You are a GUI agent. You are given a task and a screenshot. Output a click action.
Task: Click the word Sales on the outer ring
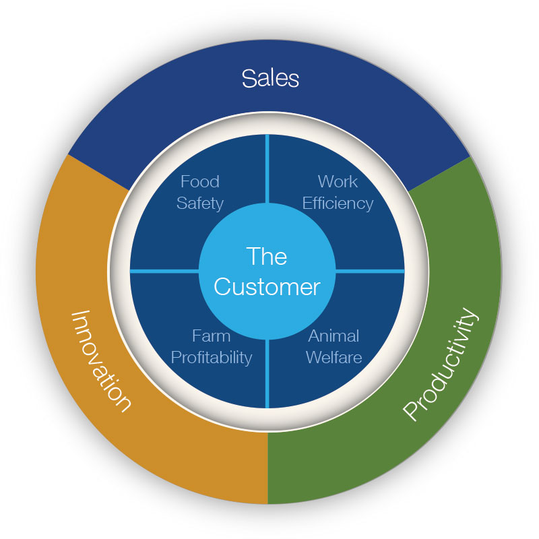pos(270,78)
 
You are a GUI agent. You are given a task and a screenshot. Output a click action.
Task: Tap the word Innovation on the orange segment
pos(101,360)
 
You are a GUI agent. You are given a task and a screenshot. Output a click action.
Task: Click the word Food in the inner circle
pos(200,182)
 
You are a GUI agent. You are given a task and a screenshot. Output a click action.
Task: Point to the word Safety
pos(200,202)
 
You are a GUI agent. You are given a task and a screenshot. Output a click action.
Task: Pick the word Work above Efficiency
pos(338,182)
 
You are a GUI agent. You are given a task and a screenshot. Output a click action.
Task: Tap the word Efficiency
pos(338,202)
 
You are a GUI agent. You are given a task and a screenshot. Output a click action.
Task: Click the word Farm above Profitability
pos(211,336)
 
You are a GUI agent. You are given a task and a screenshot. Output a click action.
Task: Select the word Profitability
pos(211,356)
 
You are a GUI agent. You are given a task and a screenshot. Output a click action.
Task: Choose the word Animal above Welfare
pos(334,336)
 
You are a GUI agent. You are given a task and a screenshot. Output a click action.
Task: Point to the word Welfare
pos(334,356)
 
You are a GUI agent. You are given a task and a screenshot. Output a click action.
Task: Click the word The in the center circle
pos(267,256)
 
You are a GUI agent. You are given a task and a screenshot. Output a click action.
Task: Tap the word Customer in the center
pos(267,286)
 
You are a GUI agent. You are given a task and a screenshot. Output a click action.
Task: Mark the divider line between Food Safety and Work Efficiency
pos(267,168)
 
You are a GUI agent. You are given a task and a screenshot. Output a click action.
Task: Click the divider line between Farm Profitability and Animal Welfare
pos(267,374)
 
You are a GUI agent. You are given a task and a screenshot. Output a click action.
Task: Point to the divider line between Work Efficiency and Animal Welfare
pos(371,271)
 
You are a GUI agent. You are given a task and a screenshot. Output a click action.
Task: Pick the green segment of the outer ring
pos(465,283)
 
